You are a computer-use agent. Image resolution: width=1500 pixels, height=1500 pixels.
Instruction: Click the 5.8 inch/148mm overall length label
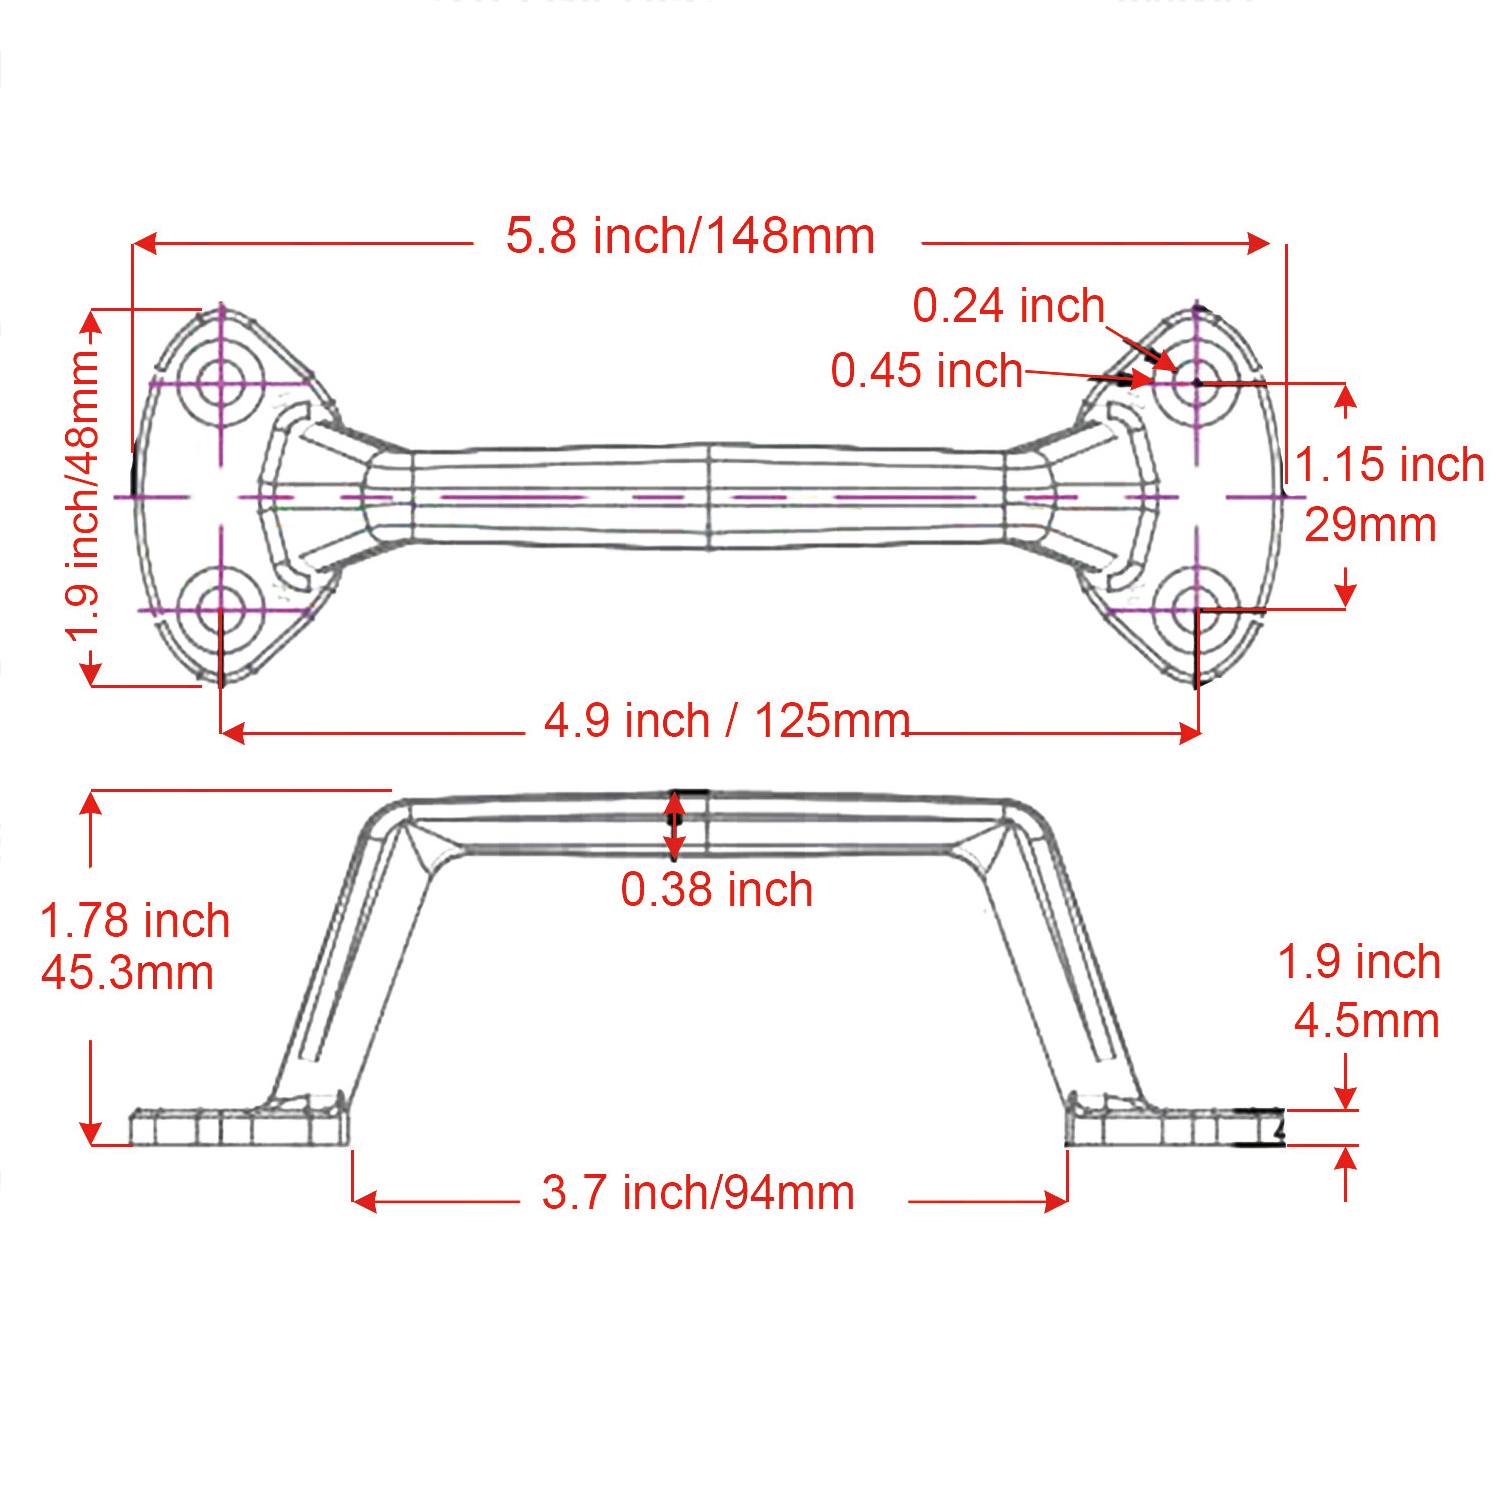(x=690, y=237)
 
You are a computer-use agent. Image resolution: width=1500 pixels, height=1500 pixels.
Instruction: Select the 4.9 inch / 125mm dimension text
(x=727, y=721)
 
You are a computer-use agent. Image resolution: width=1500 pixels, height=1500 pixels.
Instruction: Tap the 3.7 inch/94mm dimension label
(x=698, y=1193)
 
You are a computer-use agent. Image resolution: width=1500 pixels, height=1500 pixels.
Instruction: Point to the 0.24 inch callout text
(x=1008, y=306)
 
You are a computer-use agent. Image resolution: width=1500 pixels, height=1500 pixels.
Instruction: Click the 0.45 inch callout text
(x=927, y=371)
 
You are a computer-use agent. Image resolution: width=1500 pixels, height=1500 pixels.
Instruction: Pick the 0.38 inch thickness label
(x=717, y=890)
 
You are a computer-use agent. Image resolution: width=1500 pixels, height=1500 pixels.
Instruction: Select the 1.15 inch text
(x=1390, y=465)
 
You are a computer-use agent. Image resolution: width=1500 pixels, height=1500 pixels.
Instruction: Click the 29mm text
(x=1370, y=525)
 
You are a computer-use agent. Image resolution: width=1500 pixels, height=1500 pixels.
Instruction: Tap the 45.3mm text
(x=128, y=973)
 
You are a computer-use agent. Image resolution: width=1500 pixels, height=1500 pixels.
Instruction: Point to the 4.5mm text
(x=1366, y=1021)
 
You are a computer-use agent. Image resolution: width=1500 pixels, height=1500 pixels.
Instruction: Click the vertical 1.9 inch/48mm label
(x=83, y=497)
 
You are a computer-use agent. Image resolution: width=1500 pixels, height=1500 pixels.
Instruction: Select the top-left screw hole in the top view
(x=221, y=383)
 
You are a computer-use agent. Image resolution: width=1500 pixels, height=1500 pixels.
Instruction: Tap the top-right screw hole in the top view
(x=1197, y=383)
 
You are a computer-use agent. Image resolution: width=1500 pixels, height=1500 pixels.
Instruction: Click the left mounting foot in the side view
(x=240, y=1127)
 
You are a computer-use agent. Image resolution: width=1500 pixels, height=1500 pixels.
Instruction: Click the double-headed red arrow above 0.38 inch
(x=675, y=826)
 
